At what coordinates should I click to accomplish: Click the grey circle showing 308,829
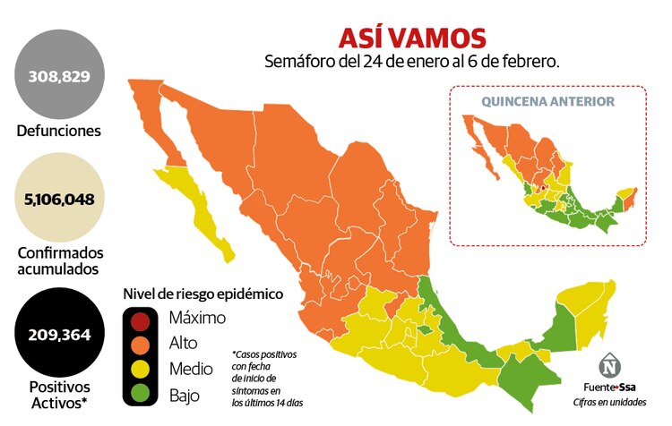(59, 75)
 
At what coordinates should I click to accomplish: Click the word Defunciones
(59, 132)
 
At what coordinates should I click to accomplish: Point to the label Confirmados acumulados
(59, 260)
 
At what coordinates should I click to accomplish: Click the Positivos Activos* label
(59, 394)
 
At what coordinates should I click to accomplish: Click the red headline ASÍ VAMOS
(412, 38)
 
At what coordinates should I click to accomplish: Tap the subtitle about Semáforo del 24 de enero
(412, 62)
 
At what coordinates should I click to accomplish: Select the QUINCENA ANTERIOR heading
(547, 101)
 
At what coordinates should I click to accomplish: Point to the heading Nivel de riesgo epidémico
(202, 294)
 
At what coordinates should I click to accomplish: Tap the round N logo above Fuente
(611, 366)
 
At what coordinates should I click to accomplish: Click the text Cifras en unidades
(615, 402)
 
